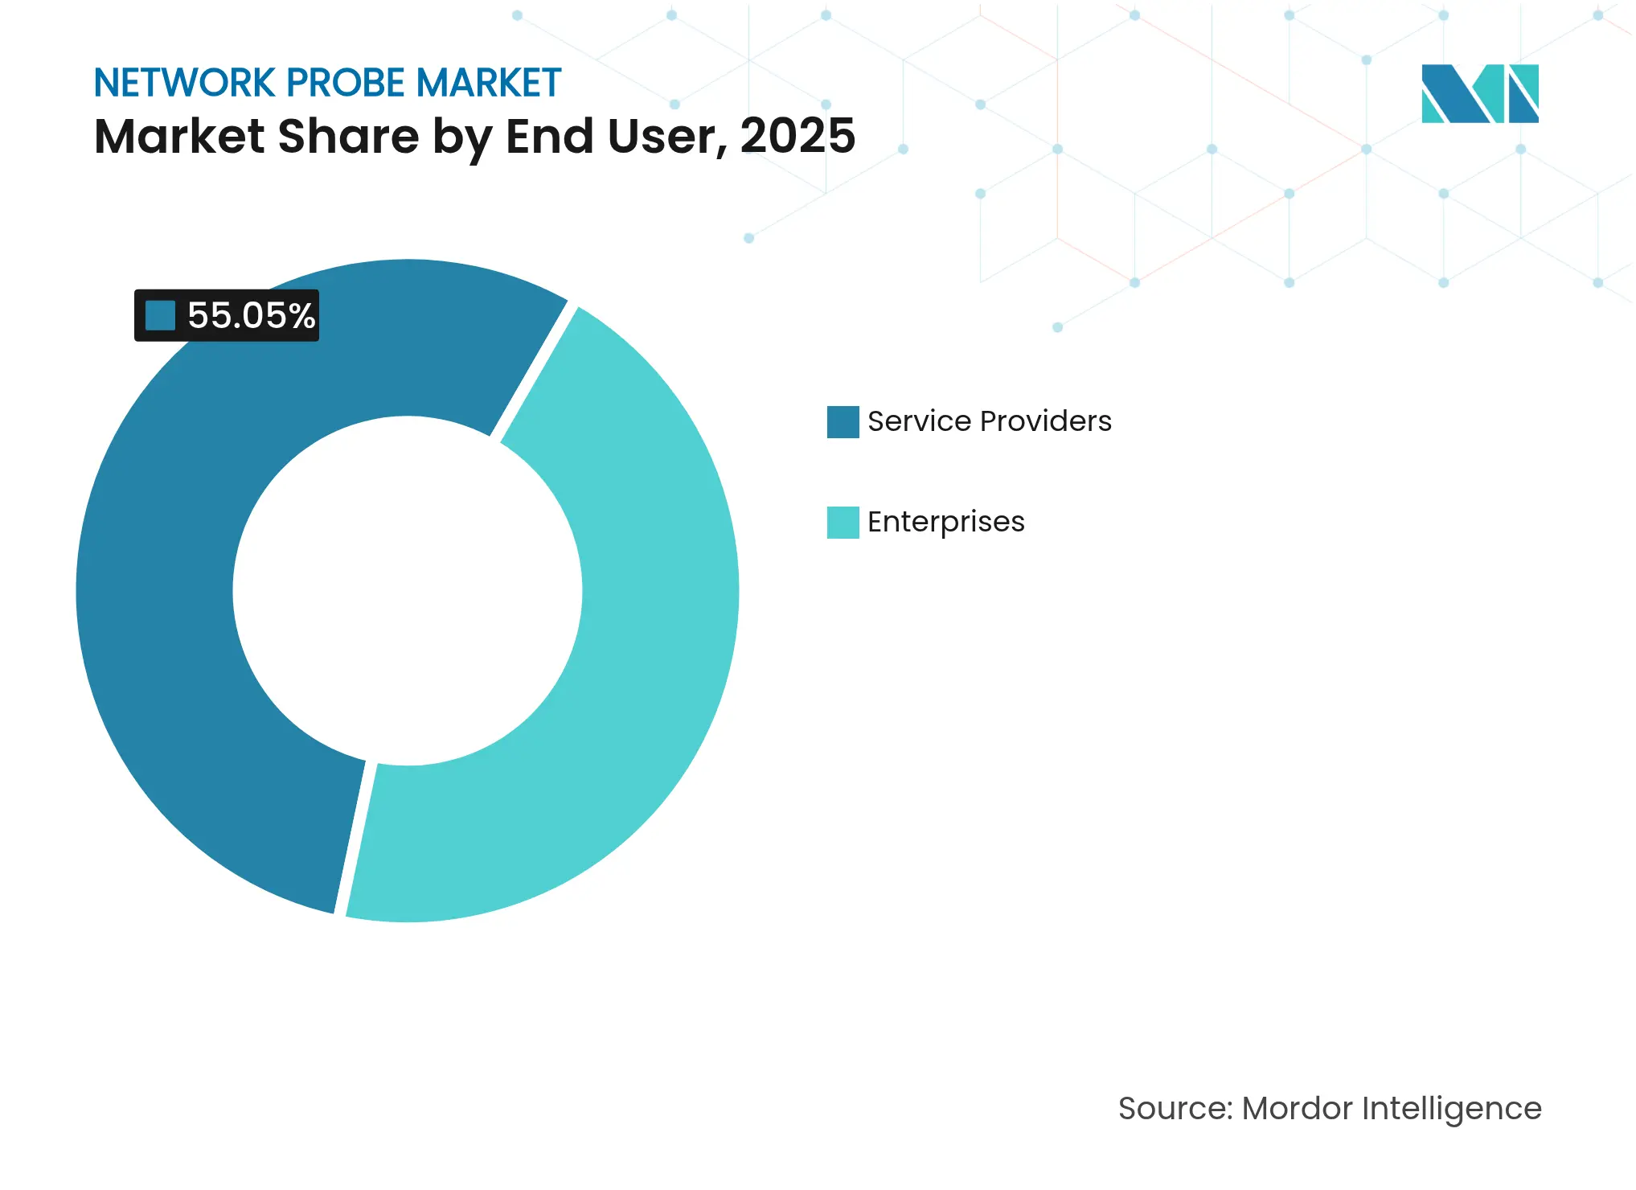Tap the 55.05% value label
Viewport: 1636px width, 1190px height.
pos(250,316)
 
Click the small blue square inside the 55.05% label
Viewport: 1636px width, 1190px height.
pos(160,315)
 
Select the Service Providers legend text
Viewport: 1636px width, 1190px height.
pos(989,421)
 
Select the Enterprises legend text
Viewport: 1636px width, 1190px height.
pos(945,522)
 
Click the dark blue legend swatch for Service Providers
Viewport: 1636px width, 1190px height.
pos(843,422)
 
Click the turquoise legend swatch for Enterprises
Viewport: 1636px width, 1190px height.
pos(843,523)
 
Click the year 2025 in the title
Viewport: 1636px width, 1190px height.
pos(797,136)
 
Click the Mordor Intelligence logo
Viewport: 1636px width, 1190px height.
pos(1479,94)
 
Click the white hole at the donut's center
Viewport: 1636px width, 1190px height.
pos(408,591)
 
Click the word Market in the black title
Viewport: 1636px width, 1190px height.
pos(179,136)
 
